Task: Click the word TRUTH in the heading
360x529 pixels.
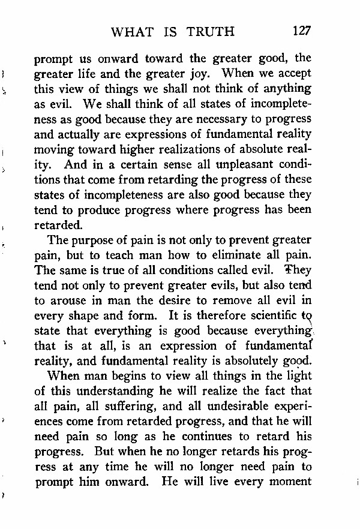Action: coord(209,31)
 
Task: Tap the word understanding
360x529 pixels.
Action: coord(121,392)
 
